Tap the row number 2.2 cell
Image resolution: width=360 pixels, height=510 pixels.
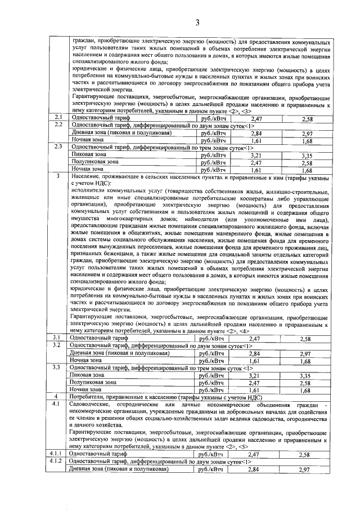tap(58, 126)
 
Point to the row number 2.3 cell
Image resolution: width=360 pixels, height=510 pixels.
tap(58, 148)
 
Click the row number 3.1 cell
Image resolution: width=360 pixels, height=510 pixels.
tap(58, 338)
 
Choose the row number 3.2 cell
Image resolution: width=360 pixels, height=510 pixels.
tap(58, 345)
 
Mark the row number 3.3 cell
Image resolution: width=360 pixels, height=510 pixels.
tap(58, 367)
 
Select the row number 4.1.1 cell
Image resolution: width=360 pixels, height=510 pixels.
tap(58, 454)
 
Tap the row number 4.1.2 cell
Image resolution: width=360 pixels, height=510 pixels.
tap(58, 462)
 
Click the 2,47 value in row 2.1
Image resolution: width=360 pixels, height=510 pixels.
tap(256, 119)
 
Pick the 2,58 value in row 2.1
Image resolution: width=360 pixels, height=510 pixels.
tap(307, 119)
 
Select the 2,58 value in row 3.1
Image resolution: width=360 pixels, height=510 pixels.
tap(307, 339)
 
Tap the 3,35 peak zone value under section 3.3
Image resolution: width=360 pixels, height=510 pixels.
tap(307, 375)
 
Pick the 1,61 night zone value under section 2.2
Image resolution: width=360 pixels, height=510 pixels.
tap(256, 141)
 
